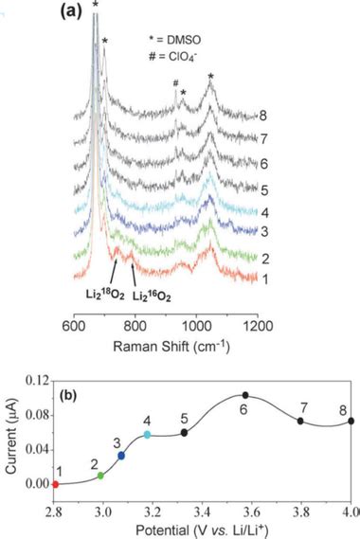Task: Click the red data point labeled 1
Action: (55, 483)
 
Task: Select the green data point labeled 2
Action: (101, 475)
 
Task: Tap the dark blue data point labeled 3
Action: (121, 456)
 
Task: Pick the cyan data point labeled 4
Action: (147, 435)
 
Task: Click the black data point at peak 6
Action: (245, 395)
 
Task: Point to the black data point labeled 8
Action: (351, 421)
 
